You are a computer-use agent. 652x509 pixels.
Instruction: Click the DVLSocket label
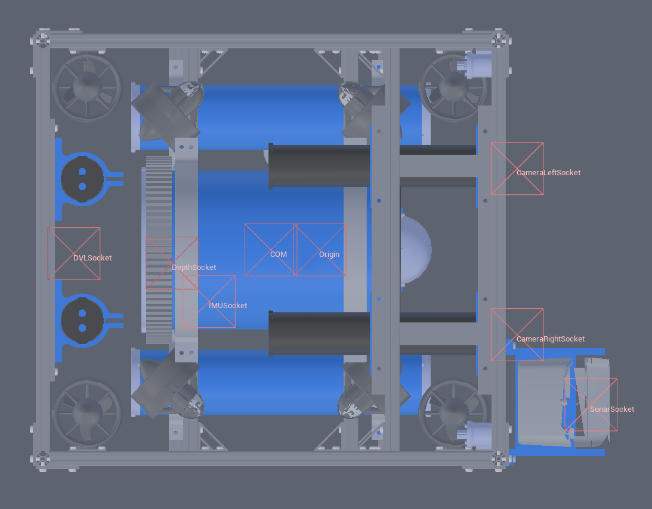click(92, 258)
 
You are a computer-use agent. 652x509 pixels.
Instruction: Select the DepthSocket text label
click(194, 268)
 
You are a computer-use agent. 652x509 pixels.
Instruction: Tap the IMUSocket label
click(228, 306)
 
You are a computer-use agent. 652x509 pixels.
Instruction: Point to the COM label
click(279, 254)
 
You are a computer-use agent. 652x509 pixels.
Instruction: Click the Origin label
click(329, 254)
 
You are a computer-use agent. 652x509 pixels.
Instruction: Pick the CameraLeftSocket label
click(548, 173)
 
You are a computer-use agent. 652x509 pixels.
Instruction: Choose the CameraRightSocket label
click(551, 339)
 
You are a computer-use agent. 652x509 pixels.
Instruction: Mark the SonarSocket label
click(612, 409)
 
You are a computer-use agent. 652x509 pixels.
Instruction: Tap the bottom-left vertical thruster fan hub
click(87, 413)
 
